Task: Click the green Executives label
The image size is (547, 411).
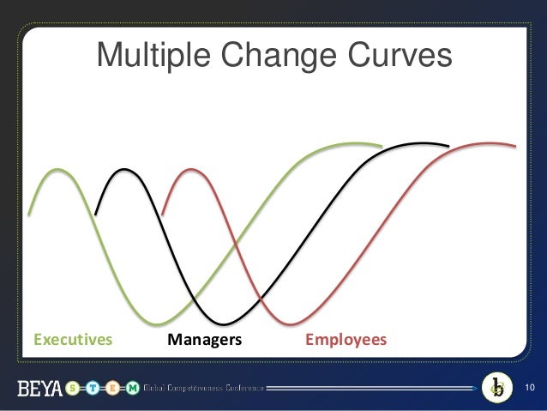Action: click(x=73, y=340)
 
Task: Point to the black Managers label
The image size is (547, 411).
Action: click(x=205, y=340)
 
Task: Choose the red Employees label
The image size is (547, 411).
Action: click(x=346, y=340)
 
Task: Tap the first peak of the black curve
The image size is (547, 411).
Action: click(x=125, y=170)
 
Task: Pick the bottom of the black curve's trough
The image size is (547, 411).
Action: click(x=225, y=324)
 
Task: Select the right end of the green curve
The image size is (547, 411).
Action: click(x=381, y=146)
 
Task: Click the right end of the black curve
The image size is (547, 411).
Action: click(x=448, y=147)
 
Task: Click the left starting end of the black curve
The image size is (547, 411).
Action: click(x=96, y=214)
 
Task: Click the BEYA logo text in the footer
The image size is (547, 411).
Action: click(x=39, y=390)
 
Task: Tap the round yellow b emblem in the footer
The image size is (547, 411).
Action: click(x=496, y=388)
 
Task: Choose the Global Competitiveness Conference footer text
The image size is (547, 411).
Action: click(x=203, y=390)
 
